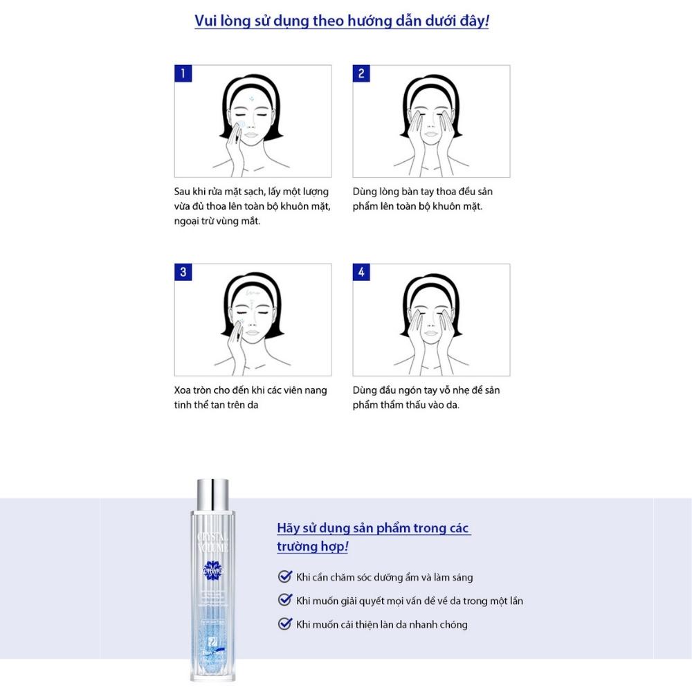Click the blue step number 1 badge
click(x=183, y=73)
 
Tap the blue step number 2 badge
click(x=361, y=73)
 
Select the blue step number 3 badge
click(x=183, y=272)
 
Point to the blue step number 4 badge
click(x=361, y=272)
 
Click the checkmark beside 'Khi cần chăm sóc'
click(x=284, y=576)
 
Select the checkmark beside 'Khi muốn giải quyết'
click(x=284, y=600)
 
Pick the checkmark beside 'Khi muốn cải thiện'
click(x=284, y=624)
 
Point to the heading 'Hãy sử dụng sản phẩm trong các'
click(x=374, y=528)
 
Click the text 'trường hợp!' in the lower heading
click(x=312, y=547)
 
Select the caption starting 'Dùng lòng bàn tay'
click(x=423, y=199)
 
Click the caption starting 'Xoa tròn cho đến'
click(x=251, y=397)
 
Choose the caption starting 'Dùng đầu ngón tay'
click(x=426, y=397)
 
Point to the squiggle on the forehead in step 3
click(x=249, y=294)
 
